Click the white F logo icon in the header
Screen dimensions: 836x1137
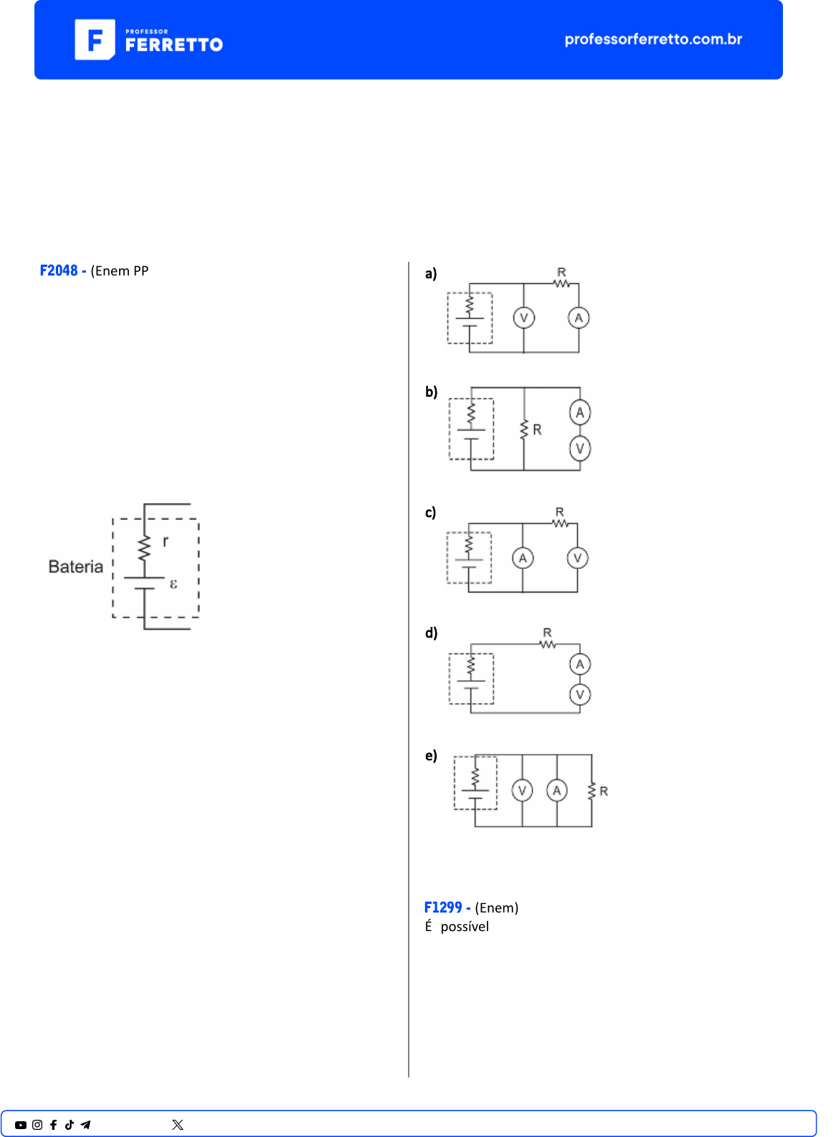[95, 39]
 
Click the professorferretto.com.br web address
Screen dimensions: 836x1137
[653, 39]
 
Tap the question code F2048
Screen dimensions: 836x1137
[59, 270]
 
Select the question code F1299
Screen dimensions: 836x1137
[443, 907]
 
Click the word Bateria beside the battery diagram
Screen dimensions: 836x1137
[75, 567]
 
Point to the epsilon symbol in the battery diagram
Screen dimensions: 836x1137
[174, 584]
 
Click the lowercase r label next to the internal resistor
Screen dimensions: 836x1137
[166, 541]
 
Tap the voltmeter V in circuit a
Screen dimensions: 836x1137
[524, 319]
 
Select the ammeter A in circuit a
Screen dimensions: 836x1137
[579, 319]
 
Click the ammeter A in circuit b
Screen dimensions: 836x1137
[580, 412]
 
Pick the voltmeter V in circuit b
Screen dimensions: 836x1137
[580, 449]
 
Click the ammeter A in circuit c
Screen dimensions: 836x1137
[523, 558]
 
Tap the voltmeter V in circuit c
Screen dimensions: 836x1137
[577, 558]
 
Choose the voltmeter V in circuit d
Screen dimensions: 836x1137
[580, 694]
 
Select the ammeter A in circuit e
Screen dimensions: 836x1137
[557, 791]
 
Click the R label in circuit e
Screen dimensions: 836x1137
[604, 791]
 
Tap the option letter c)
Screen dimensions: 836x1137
[431, 513]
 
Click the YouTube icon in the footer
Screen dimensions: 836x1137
[21, 1125]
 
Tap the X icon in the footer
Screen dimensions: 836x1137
[178, 1125]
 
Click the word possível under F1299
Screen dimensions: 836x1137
[465, 927]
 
